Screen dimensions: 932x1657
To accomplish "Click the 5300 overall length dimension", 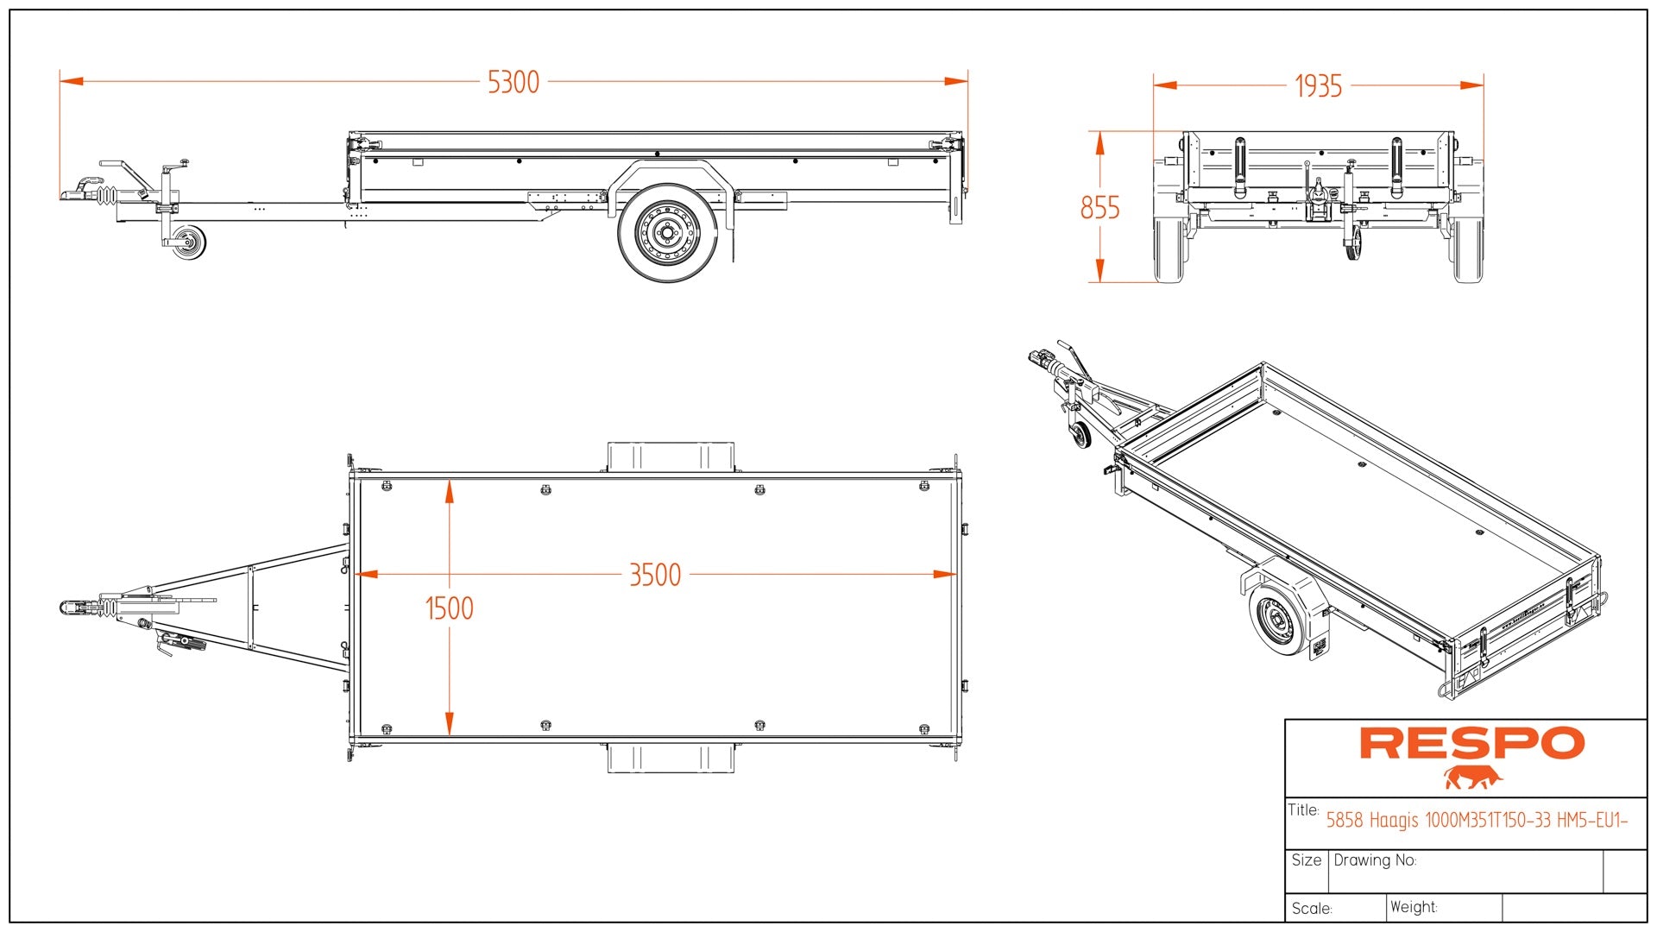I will (513, 82).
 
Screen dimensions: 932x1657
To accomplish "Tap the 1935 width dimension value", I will (1318, 86).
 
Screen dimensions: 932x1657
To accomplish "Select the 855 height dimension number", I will (1099, 208).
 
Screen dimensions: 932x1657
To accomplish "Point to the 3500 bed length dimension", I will (655, 575).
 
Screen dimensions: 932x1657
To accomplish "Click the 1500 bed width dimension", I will (449, 608).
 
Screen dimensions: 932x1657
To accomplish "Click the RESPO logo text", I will (1471, 743).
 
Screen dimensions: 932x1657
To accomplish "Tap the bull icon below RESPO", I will (1472, 778).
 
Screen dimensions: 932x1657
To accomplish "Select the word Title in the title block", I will (1302, 809).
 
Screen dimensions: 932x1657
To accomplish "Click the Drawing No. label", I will (1375, 860).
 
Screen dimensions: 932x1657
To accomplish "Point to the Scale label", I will (1312, 909).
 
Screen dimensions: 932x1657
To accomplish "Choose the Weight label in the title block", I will (1414, 907).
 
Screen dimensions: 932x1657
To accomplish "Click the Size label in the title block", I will (1306, 860).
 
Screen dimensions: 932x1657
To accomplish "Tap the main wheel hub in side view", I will (667, 231).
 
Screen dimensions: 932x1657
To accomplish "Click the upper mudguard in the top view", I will (671, 457).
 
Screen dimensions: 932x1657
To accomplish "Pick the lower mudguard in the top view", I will (671, 758).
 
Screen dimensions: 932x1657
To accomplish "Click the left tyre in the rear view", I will (1170, 250).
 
